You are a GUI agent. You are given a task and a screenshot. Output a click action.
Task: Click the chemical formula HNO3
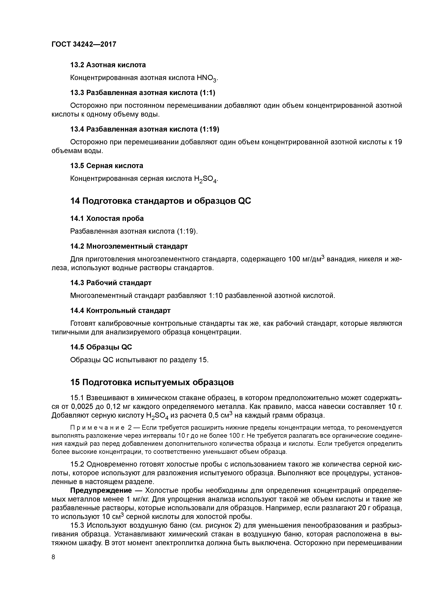click(207, 78)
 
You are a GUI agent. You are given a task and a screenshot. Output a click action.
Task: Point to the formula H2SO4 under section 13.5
click(206, 179)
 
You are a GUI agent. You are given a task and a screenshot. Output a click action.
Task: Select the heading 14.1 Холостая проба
click(107, 218)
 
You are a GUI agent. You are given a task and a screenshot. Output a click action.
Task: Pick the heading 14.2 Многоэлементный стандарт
click(129, 246)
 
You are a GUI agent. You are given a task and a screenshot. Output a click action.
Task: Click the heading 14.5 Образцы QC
click(101, 347)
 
